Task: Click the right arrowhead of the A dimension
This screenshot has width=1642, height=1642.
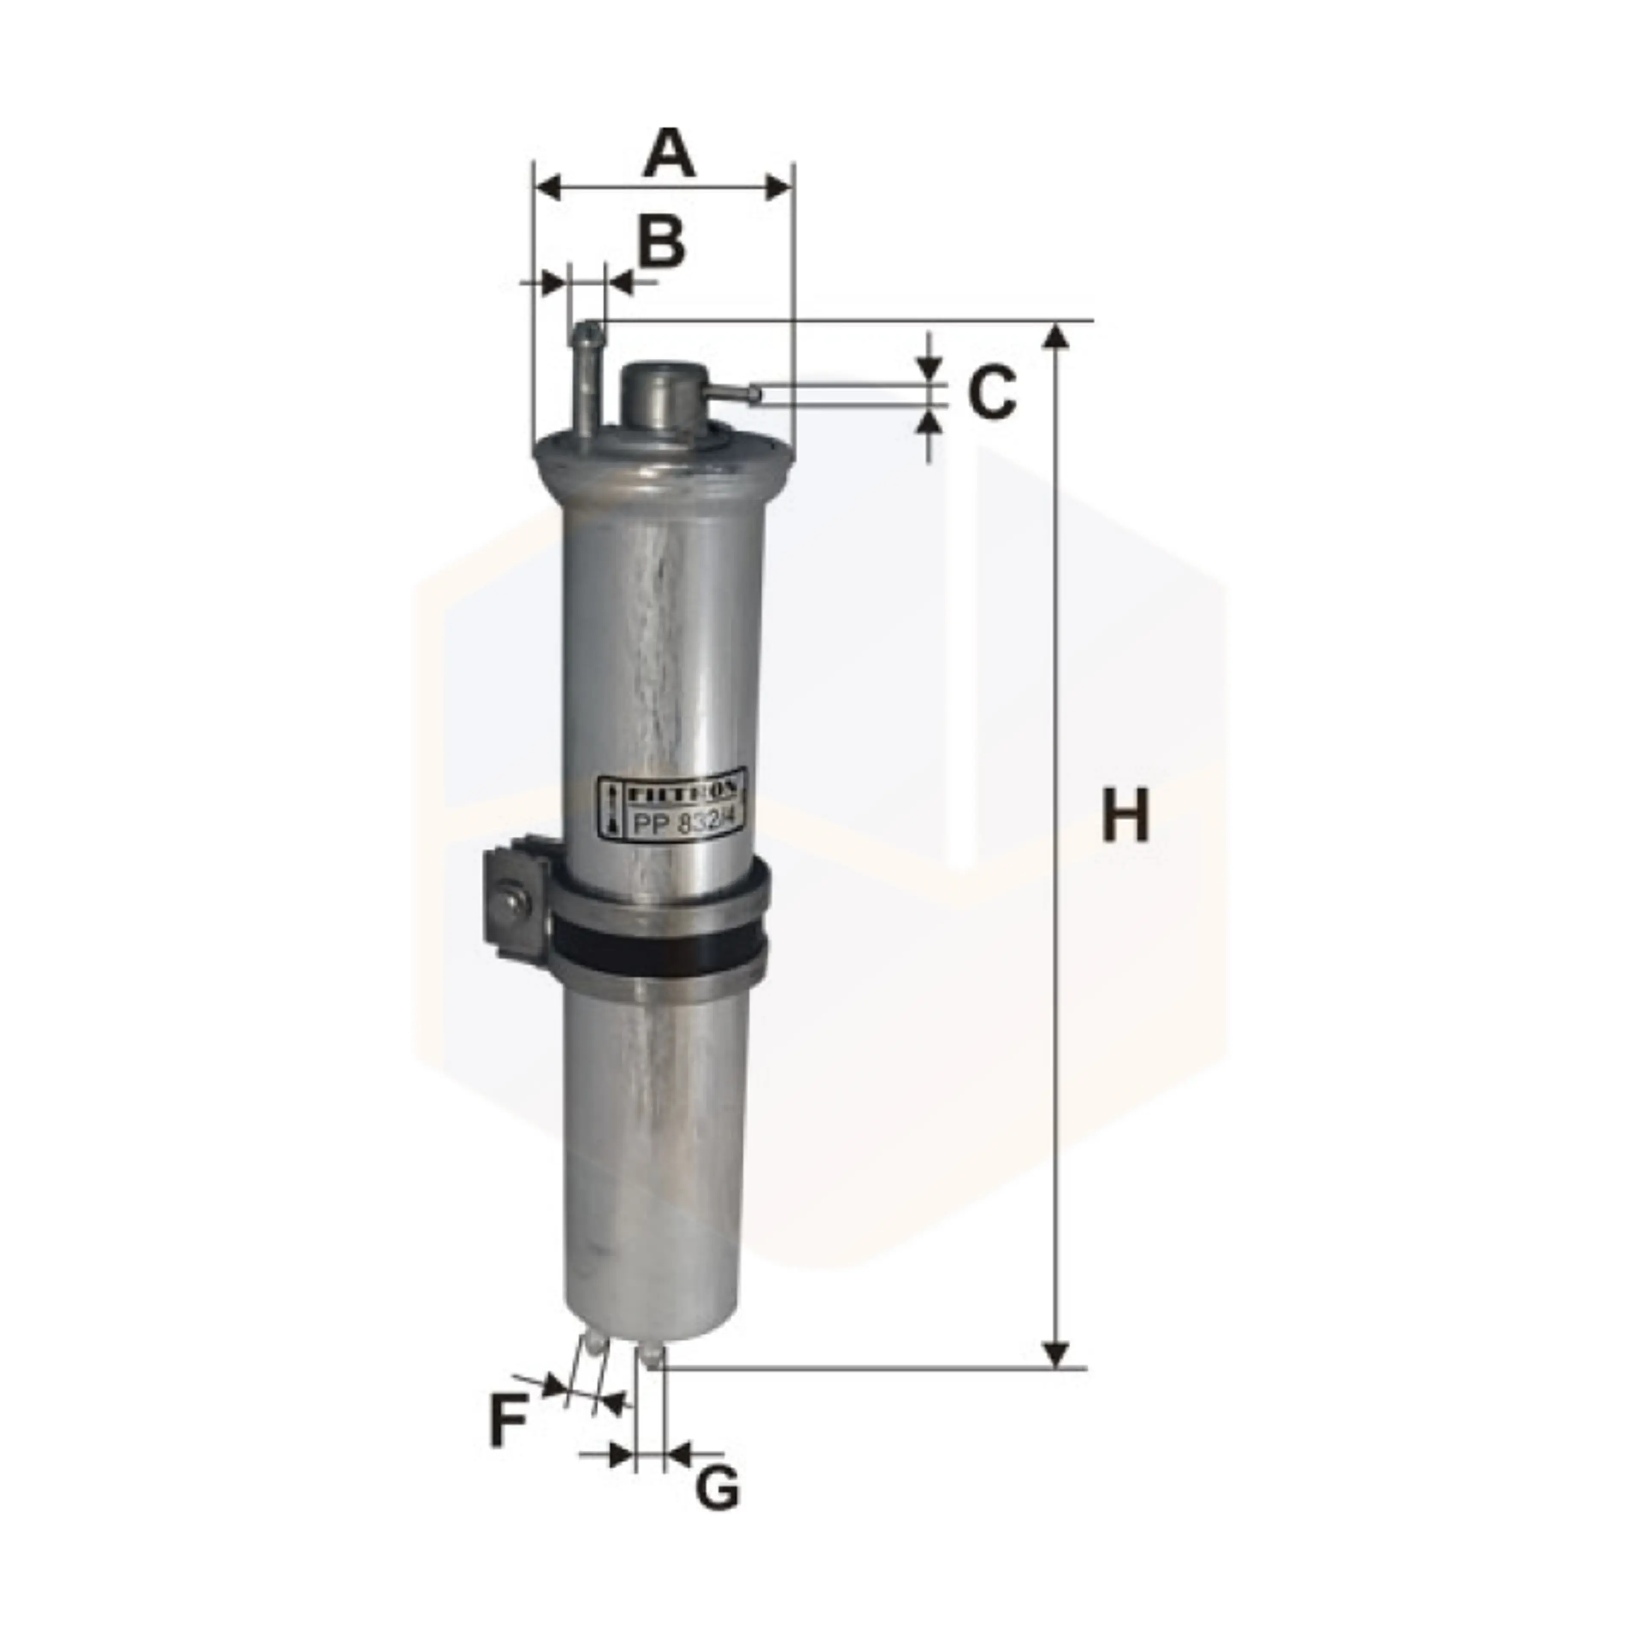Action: click(x=778, y=187)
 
